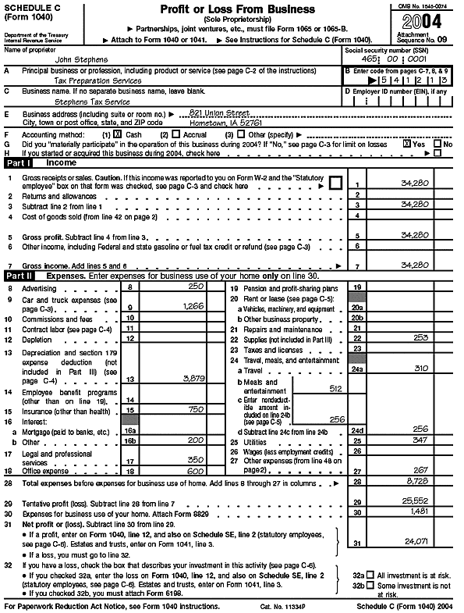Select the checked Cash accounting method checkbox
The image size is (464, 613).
click(118, 134)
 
